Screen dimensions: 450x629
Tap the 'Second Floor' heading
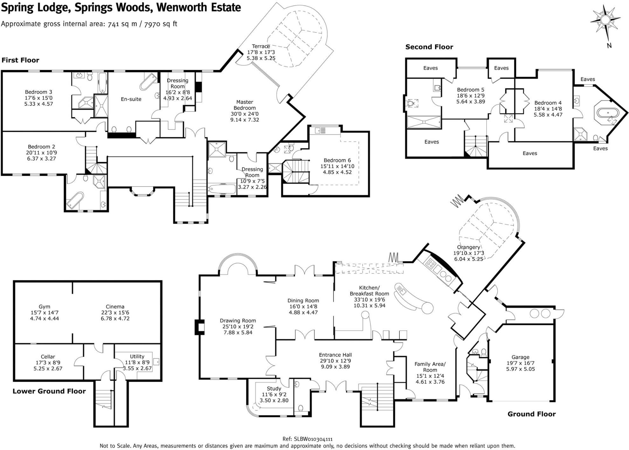pyautogui.click(x=429, y=47)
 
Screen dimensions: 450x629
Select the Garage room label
pyautogui.click(x=520, y=357)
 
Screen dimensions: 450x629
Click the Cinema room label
pyautogui.click(x=115, y=307)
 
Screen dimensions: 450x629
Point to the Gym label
pyautogui.click(x=45, y=307)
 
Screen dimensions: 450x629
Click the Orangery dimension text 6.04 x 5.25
pyautogui.click(x=468, y=259)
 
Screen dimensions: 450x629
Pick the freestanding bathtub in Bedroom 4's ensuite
pyautogui.click(x=607, y=113)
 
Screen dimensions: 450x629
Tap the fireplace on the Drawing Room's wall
pyautogui.click(x=199, y=327)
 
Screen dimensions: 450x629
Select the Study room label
pyautogui.click(x=274, y=388)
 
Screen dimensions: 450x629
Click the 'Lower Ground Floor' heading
pyautogui.click(x=49, y=391)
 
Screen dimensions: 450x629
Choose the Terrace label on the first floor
pyautogui.click(x=261, y=46)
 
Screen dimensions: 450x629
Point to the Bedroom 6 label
pyautogui.click(x=337, y=160)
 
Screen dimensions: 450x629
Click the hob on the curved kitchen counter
pyautogui.click(x=430, y=263)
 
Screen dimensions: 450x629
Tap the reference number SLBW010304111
pyautogui.click(x=313, y=439)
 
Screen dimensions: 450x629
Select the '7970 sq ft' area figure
pyautogui.click(x=160, y=24)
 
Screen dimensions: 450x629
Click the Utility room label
pyautogui.click(x=137, y=357)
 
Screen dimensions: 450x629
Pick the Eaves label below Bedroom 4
pyautogui.click(x=530, y=153)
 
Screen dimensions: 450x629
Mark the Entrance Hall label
pyautogui.click(x=335, y=355)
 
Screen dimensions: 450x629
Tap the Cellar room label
pyautogui.click(x=48, y=357)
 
